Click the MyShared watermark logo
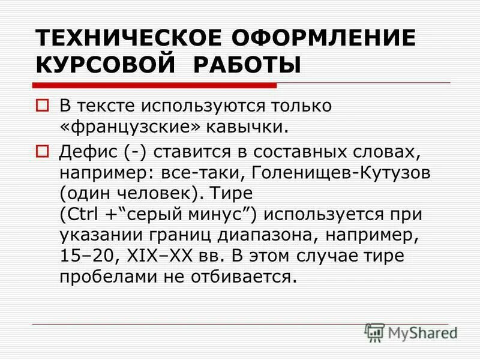tap(411, 332)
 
